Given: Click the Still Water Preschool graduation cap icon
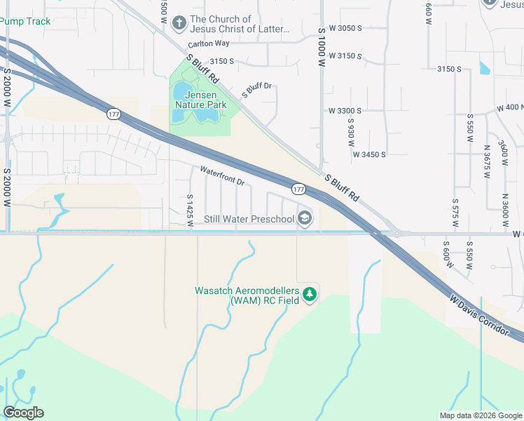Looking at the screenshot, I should [x=305, y=218].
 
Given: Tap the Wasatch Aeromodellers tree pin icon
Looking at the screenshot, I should [x=310, y=295].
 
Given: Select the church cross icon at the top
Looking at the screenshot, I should [x=179, y=25].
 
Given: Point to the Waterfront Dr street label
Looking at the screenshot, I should [x=221, y=176].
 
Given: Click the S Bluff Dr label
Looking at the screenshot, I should [x=256, y=89].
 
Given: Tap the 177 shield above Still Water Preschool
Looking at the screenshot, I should [x=298, y=189].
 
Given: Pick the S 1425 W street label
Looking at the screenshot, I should [x=190, y=210].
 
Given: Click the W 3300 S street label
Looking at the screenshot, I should [x=345, y=111].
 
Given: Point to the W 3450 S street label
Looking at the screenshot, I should [x=370, y=154].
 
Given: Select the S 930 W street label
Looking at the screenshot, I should [x=351, y=132].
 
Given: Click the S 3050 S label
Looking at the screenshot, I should [x=345, y=28].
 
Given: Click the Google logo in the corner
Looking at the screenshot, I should [x=23, y=413].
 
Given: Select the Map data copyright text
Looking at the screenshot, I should [x=480, y=415].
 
